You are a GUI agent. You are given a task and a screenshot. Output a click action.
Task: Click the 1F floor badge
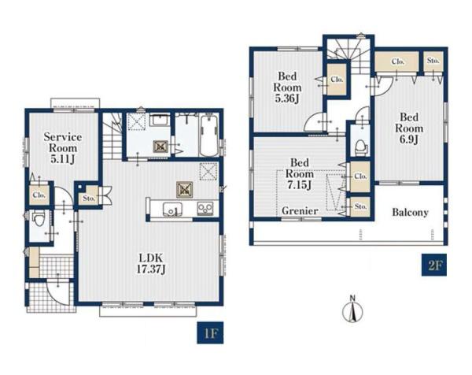pyautogui.click(x=210, y=332)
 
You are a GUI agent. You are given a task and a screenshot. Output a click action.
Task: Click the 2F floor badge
pyautogui.click(x=434, y=265)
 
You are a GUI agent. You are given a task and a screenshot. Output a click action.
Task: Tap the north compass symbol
pyautogui.click(x=352, y=310)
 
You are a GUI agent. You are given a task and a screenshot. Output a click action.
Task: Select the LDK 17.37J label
pyautogui.click(x=151, y=263)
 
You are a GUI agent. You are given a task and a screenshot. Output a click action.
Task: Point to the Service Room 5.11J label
pyautogui.click(x=63, y=148)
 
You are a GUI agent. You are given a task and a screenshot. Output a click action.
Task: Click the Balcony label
pyautogui.click(x=410, y=213)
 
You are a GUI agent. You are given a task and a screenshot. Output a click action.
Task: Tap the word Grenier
pyautogui.click(x=300, y=210)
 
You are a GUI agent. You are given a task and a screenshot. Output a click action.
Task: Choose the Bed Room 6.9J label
pyautogui.click(x=409, y=128)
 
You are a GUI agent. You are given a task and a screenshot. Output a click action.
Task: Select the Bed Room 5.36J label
pyautogui.click(x=287, y=87)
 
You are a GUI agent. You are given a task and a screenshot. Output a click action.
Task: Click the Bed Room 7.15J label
pyautogui.click(x=300, y=174)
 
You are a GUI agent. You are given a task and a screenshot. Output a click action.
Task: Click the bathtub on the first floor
pyautogui.click(x=209, y=136)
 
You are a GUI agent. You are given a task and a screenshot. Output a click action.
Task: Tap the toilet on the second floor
pyautogui.click(x=361, y=147)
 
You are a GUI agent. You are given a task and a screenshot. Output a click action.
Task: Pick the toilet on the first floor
pyautogui.click(x=39, y=219)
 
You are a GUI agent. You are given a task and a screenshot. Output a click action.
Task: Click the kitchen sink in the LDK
pyautogui.click(x=172, y=209)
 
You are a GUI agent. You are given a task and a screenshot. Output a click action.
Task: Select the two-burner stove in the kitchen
pyautogui.click(x=205, y=208)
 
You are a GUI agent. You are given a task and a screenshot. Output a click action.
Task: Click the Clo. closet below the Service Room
pyautogui.click(x=39, y=195)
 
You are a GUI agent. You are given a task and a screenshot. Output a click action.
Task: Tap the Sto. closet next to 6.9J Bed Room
pyautogui.click(x=433, y=61)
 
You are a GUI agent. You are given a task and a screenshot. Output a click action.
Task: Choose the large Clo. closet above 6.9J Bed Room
pyautogui.click(x=396, y=61)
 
